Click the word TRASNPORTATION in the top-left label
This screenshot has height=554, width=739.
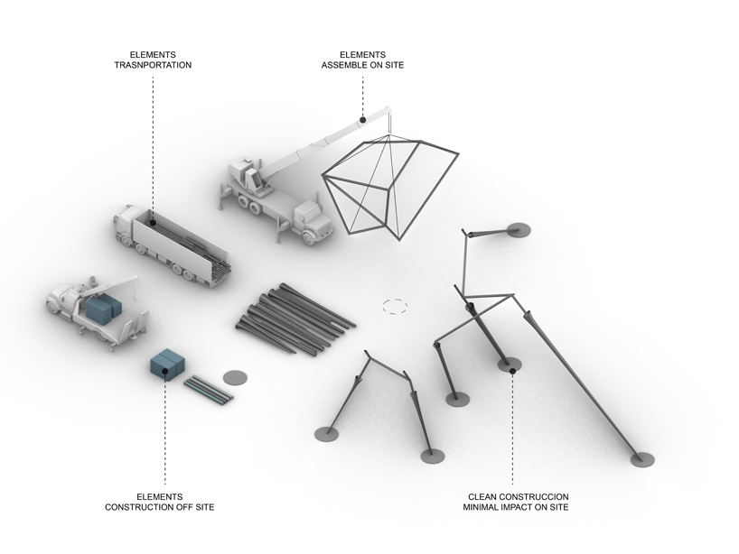(153, 66)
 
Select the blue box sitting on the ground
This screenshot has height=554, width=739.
(167, 364)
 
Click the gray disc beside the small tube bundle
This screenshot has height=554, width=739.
(234, 375)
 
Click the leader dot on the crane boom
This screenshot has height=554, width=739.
(362, 119)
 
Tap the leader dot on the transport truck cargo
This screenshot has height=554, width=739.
(152, 219)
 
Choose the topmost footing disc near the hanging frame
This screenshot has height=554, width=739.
(519, 230)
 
